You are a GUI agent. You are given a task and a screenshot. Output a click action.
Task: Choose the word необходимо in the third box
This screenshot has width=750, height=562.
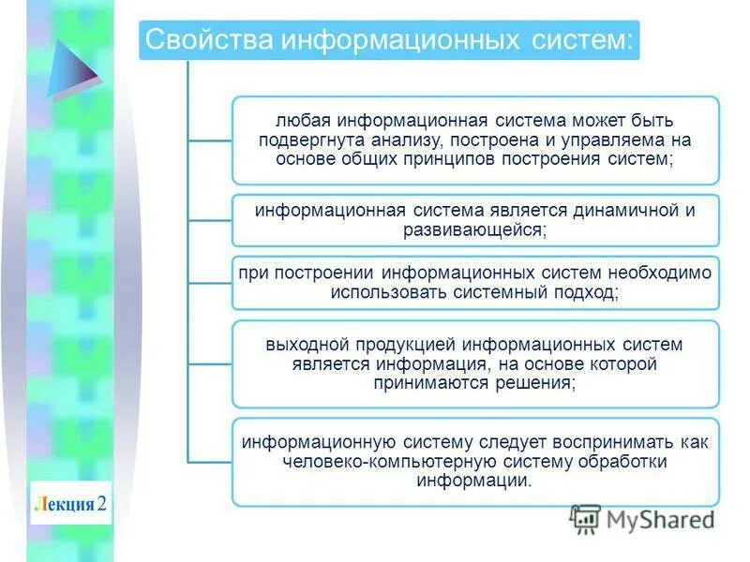tap(661, 273)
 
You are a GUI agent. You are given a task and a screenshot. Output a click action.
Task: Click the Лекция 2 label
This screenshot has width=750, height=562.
tap(70, 504)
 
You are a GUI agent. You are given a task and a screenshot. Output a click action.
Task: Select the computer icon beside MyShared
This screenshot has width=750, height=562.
tap(585, 519)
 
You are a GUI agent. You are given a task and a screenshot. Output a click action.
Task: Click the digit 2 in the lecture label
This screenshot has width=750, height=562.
tap(102, 504)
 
